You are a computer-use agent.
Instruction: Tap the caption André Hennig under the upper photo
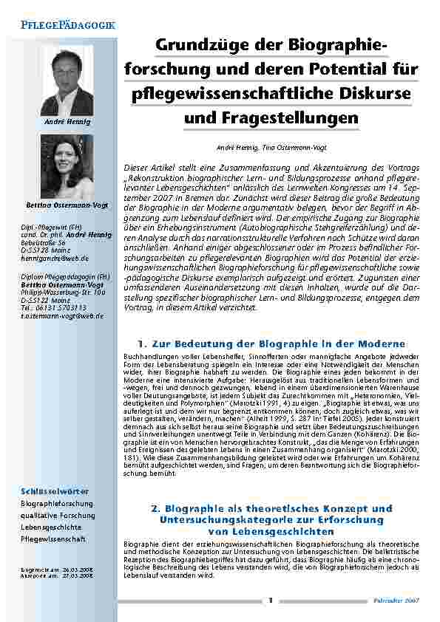(x=67, y=120)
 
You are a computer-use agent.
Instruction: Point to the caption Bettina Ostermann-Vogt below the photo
(x=67, y=203)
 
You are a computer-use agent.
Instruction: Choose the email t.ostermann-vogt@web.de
(x=62, y=316)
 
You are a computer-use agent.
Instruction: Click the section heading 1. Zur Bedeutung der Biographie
(x=271, y=344)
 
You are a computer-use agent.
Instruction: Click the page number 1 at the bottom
(x=271, y=600)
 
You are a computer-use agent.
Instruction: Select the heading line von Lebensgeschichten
(x=271, y=530)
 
